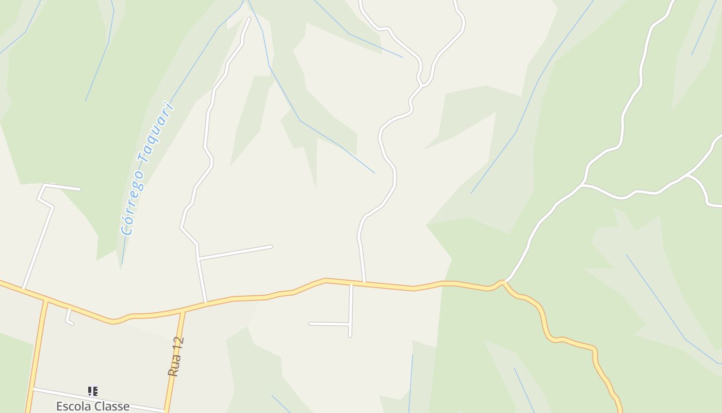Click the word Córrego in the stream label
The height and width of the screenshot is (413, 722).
click(x=133, y=203)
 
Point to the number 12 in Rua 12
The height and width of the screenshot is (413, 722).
click(x=178, y=344)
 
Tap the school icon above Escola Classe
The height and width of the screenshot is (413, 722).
click(x=92, y=391)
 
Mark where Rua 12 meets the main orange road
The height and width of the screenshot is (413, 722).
click(x=183, y=310)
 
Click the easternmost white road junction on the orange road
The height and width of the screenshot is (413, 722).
click(x=504, y=282)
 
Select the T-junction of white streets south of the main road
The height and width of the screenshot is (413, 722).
click(x=350, y=324)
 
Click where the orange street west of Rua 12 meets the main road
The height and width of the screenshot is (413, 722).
click(x=46, y=299)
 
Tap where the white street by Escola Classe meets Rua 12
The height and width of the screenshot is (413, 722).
click(x=166, y=411)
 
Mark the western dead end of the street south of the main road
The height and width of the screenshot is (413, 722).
click(x=310, y=324)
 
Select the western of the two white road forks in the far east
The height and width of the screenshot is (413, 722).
click(x=583, y=184)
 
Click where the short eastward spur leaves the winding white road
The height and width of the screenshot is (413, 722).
click(x=198, y=258)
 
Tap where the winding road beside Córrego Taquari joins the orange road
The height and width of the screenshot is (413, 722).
click(x=206, y=302)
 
